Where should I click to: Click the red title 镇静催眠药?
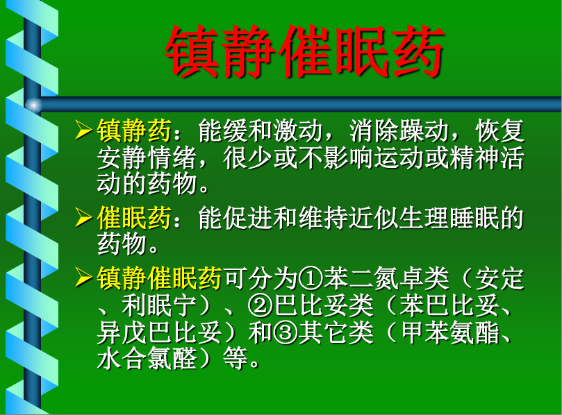pos(305,51)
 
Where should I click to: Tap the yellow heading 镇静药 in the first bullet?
pos(134,130)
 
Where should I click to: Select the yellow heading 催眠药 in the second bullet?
pos(134,218)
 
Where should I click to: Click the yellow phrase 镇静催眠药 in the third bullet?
pos(159,278)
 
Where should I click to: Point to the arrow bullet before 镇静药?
pos(84,130)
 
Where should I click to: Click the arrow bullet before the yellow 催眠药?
pos(84,217)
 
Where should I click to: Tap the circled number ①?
pos(311,278)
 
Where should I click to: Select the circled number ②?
pos(261,305)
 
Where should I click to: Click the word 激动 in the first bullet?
pos(298,130)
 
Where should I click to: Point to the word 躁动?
pos(424,130)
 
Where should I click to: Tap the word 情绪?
pos(172,158)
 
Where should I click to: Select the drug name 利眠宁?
pos(159,305)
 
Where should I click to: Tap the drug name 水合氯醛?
pos(147,358)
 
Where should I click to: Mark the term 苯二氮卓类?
pos(386,278)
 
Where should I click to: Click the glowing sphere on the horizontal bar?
pos(33,105)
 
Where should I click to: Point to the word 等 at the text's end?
pos(235,358)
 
